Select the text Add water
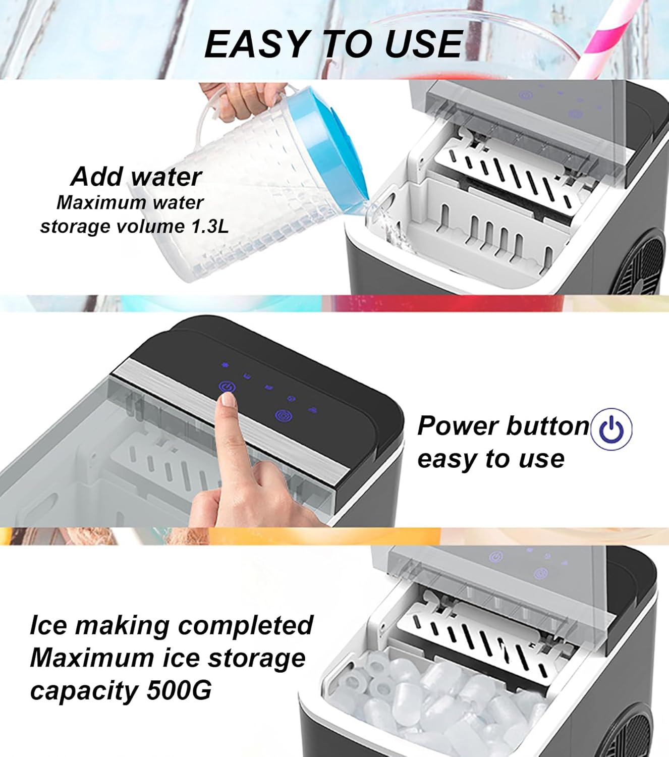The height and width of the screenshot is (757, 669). [x=136, y=177]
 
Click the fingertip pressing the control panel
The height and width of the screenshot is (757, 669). [x=228, y=401]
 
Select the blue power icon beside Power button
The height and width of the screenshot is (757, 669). [x=611, y=428]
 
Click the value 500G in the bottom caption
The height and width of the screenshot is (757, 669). [x=179, y=690]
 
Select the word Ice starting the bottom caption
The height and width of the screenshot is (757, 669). [x=48, y=625]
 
